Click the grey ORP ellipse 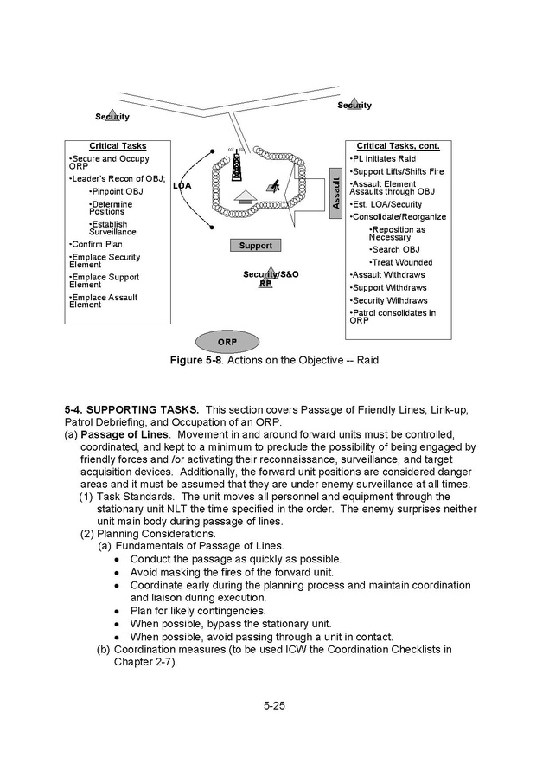[227, 342]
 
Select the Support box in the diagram [255, 246]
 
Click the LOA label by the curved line [182, 186]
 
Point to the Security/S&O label [271, 274]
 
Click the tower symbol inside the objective [235, 164]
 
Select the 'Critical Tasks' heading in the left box [118, 146]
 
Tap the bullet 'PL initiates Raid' [384, 159]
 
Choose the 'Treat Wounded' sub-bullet [402, 262]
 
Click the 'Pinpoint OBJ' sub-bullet [118, 191]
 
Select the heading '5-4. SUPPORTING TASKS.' [131, 408]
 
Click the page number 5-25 [274, 705]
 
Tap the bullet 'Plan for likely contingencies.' [198, 611]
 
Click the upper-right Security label [354, 106]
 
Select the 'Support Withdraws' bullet [389, 287]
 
